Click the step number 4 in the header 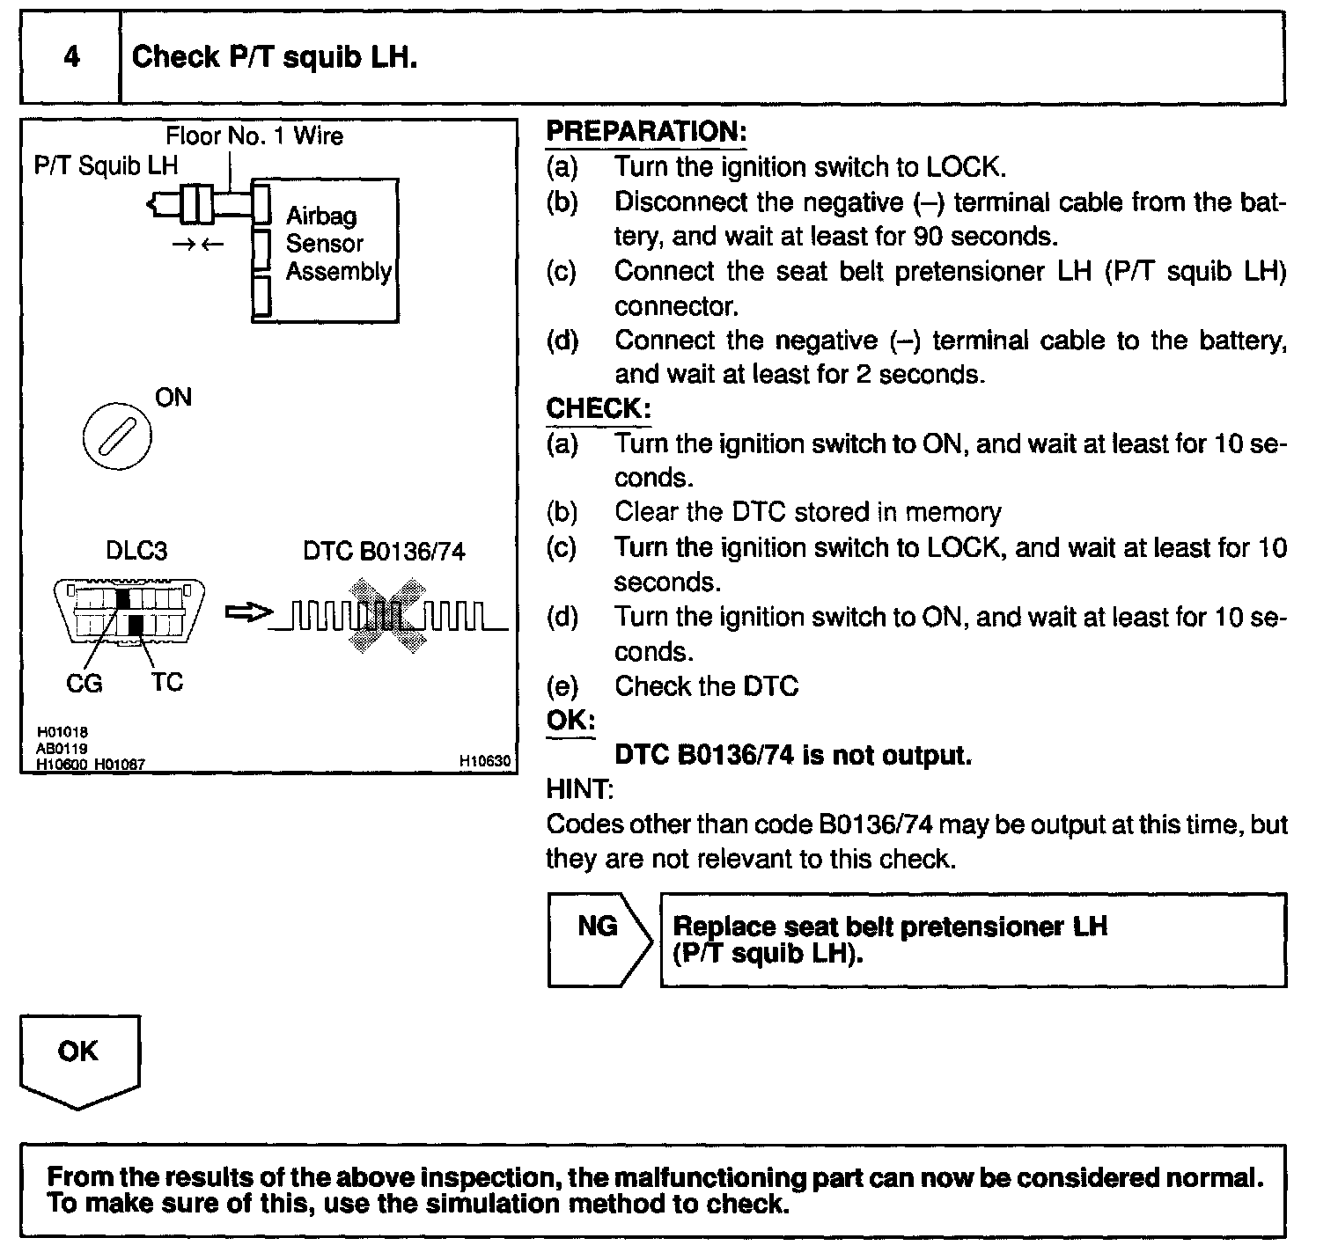(71, 58)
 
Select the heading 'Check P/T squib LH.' (274, 58)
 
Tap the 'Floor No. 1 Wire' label (254, 136)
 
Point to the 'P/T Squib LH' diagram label (106, 165)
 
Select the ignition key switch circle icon (116, 436)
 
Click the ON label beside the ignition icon (173, 398)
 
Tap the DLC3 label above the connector (136, 551)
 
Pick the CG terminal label (85, 683)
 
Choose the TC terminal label (166, 682)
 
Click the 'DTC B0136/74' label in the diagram (384, 552)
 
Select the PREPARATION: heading (646, 132)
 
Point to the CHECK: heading (599, 408)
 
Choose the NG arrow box (599, 939)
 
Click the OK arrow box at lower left (79, 1059)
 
